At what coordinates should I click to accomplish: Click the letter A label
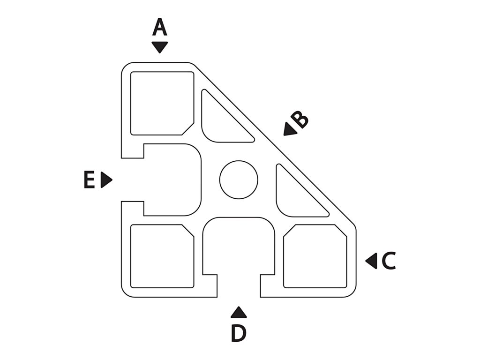160,28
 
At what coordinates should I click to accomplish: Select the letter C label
389,261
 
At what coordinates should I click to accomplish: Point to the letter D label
239,333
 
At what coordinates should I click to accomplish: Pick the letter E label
89,180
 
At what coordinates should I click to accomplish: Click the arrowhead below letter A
160,47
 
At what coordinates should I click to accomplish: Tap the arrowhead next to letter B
289,130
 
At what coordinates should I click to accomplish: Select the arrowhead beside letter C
372,261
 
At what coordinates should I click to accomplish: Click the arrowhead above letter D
239,312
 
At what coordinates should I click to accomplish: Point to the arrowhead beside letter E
106,180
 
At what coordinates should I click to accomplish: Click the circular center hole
239,180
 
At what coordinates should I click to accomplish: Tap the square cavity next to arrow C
315,256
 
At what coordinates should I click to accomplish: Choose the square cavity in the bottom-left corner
162,256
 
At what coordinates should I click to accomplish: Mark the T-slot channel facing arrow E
171,180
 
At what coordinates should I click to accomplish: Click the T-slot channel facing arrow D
239,246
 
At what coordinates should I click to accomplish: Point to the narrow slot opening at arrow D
239,286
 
